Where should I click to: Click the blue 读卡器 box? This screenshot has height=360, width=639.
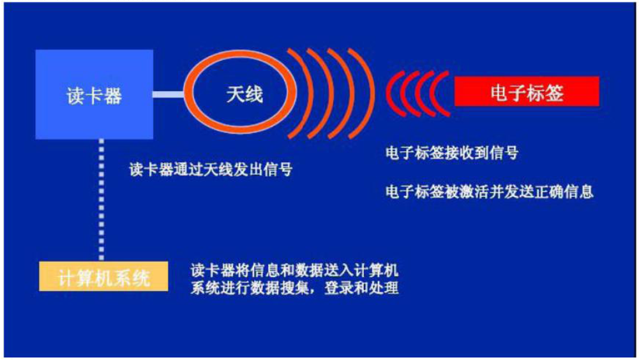click(94, 94)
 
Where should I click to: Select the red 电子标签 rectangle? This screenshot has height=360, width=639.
click(527, 91)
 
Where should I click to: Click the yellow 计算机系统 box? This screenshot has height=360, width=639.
click(103, 276)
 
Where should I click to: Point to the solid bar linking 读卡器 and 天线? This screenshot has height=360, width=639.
click(169, 94)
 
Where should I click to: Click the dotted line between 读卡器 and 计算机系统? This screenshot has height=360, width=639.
click(101, 200)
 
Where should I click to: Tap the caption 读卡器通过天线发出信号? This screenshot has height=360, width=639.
click(211, 169)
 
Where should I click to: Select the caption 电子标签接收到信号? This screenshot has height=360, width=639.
click(451, 153)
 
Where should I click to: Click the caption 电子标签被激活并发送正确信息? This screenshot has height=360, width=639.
click(489, 191)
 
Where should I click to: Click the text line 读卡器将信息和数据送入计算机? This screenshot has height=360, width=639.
click(294, 270)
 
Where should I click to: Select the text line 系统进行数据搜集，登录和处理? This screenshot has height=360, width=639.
click(294, 288)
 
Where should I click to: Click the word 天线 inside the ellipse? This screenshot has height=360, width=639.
click(244, 94)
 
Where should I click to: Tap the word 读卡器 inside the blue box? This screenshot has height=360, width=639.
click(94, 96)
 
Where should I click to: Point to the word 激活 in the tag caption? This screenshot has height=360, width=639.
click(474, 191)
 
